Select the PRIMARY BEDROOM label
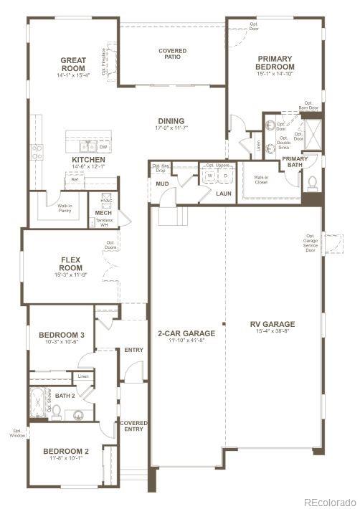(275, 63)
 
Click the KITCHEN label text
(88, 160)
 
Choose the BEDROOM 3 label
(62, 335)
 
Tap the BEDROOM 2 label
(66, 451)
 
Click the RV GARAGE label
(273, 324)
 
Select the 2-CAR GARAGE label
(186, 333)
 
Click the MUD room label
(162, 184)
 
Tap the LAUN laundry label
(223, 193)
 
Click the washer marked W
(211, 175)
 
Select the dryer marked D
(225, 175)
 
